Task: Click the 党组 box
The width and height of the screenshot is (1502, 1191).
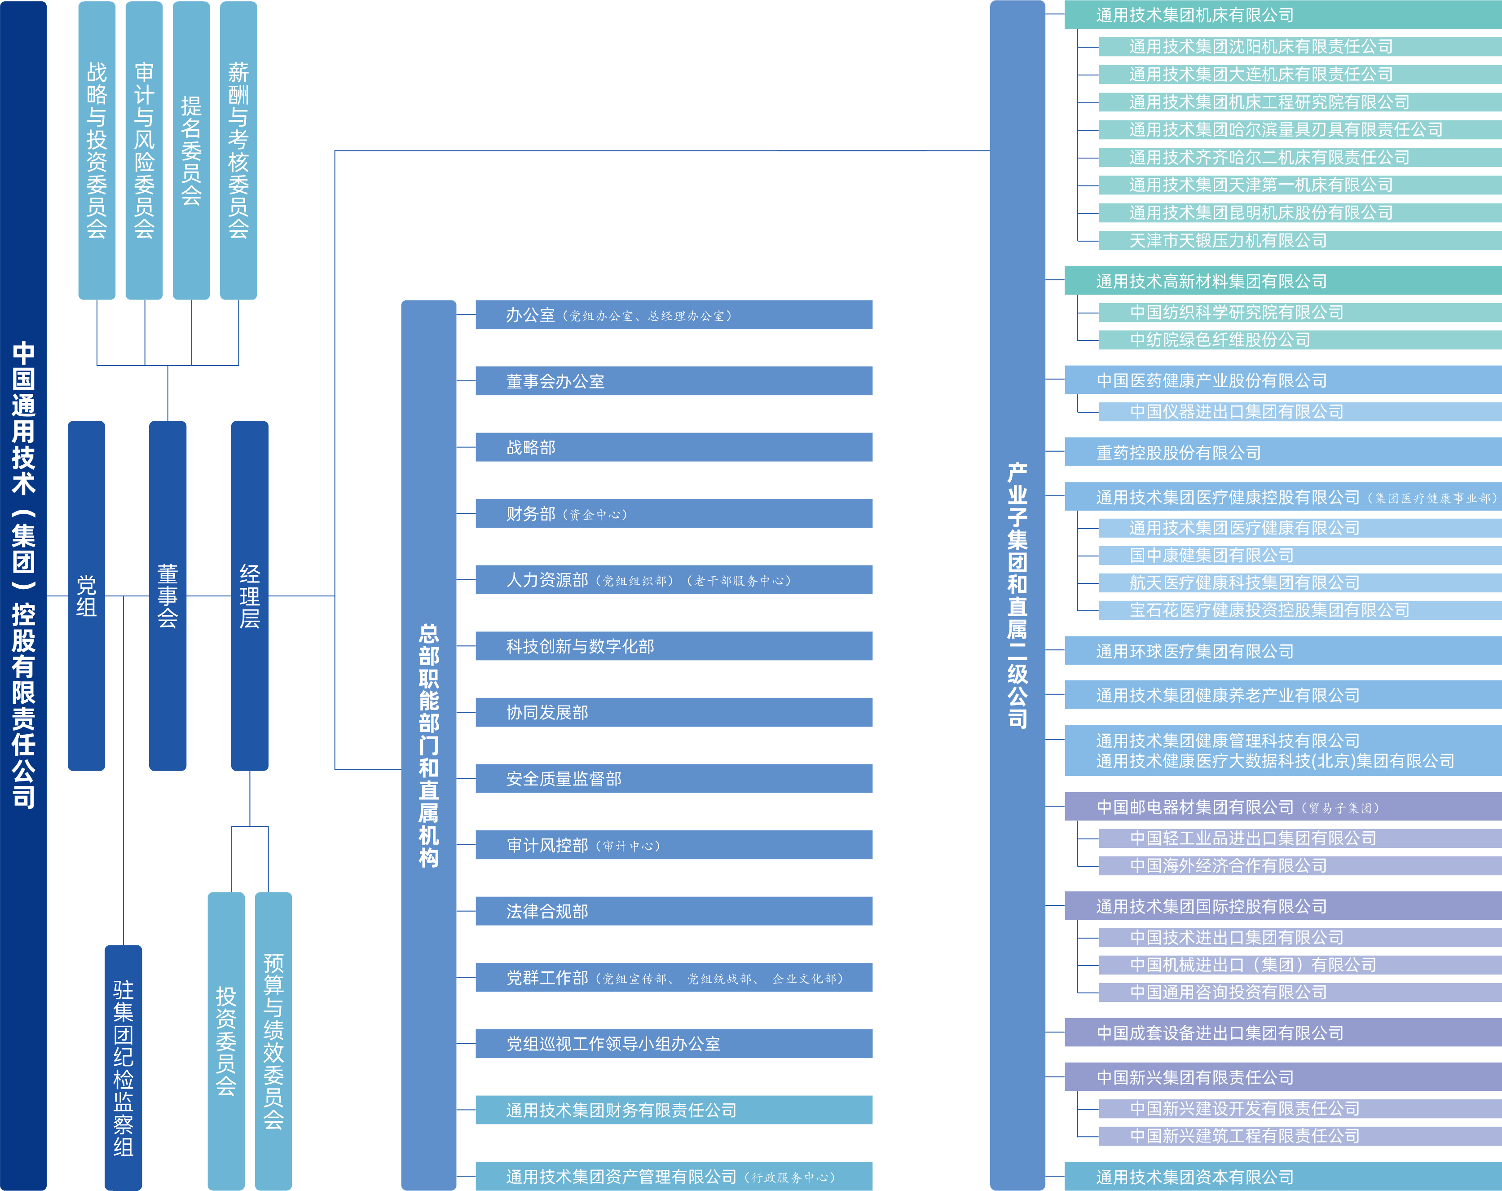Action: point(86,596)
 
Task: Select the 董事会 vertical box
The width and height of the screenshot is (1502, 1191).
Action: point(167,596)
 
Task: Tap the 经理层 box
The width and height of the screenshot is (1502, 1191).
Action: point(249,596)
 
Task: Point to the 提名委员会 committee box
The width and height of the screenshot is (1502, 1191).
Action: point(191,150)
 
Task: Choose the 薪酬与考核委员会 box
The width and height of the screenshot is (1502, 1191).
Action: point(238,150)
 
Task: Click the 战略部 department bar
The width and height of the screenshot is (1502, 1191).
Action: point(673,447)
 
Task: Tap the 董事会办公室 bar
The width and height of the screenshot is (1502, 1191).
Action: point(673,381)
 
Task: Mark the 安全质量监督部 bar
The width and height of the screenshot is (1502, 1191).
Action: point(673,778)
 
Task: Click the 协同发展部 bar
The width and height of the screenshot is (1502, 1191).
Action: point(673,712)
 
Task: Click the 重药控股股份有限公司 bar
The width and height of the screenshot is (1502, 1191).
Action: point(1282,453)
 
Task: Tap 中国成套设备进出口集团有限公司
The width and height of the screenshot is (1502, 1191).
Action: point(1282,1033)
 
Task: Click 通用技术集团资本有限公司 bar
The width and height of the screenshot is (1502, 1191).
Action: point(1282,1177)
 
